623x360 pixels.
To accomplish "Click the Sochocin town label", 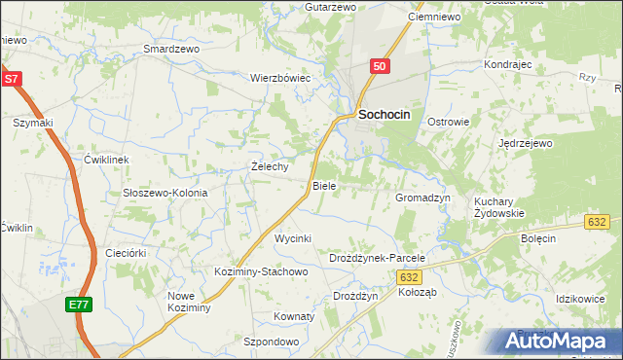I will (385, 114).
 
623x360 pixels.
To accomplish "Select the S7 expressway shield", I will (11, 79).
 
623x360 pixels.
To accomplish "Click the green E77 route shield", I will (79, 306).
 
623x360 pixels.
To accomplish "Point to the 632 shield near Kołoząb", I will (410, 277).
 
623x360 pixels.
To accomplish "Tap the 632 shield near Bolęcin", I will (598, 223).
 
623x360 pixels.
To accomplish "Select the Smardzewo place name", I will (170, 48).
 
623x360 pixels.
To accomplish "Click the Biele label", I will (323, 186).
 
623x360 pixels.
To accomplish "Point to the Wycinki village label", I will (292, 238).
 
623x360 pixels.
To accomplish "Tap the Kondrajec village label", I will (506, 65).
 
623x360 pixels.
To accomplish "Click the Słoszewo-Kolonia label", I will (165, 193).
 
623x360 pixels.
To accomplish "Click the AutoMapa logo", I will (560, 341).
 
